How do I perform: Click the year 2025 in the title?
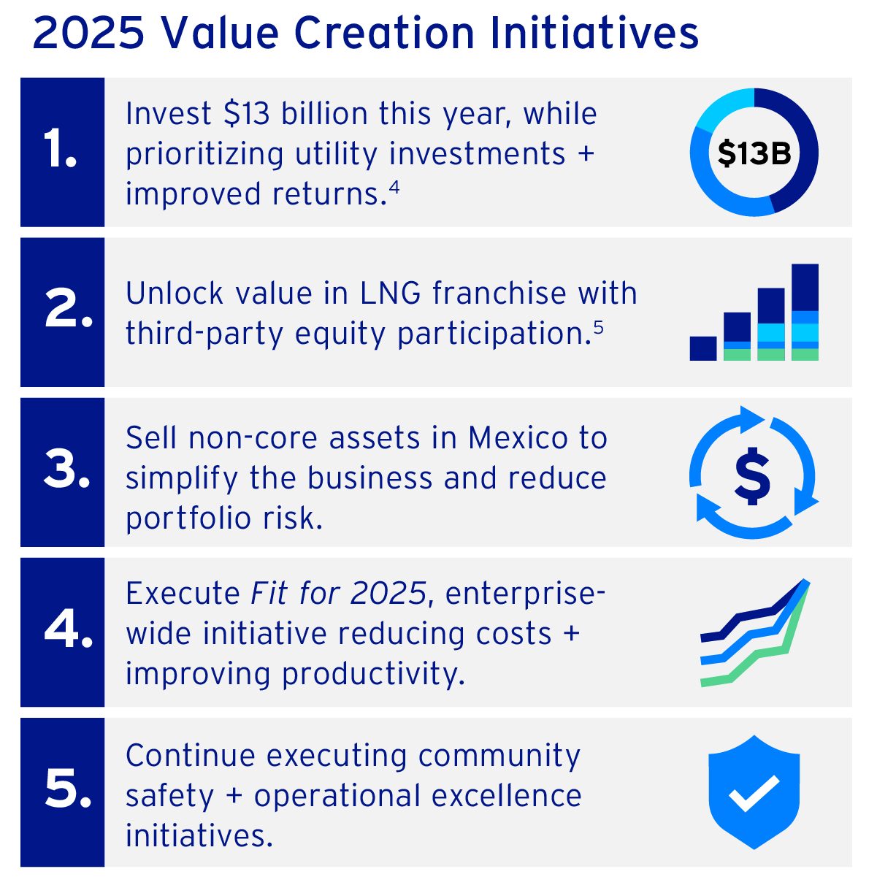click(88, 33)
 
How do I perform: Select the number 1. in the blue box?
click(60, 148)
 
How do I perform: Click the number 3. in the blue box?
click(66, 468)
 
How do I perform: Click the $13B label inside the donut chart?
click(754, 153)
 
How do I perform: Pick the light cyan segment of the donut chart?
click(724, 110)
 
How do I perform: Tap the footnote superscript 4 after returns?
click(394, 187)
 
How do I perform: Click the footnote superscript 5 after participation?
click(598, 327)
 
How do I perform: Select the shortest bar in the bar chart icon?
click(703, 348)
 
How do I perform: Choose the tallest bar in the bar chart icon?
click(805, 313)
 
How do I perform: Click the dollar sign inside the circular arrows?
click(753, 476)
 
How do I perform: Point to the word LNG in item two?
click(391, 293)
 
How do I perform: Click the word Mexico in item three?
click(518, 438)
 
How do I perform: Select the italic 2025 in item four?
click(388, 593)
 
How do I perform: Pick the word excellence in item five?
click(506, 796)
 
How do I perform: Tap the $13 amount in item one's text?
click(247, 114)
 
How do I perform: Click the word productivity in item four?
click(374, 675)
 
